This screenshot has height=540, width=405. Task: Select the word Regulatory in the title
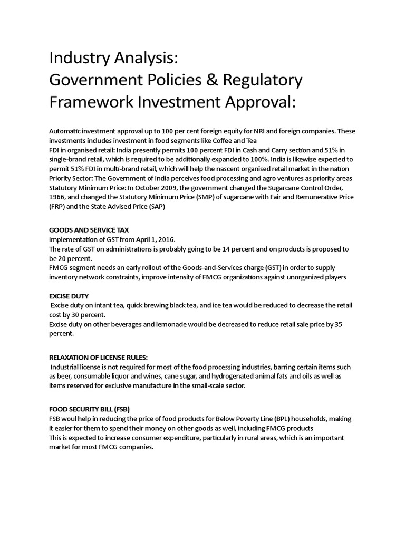coord(262,80)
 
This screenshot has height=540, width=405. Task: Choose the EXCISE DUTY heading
coord(69,296)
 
